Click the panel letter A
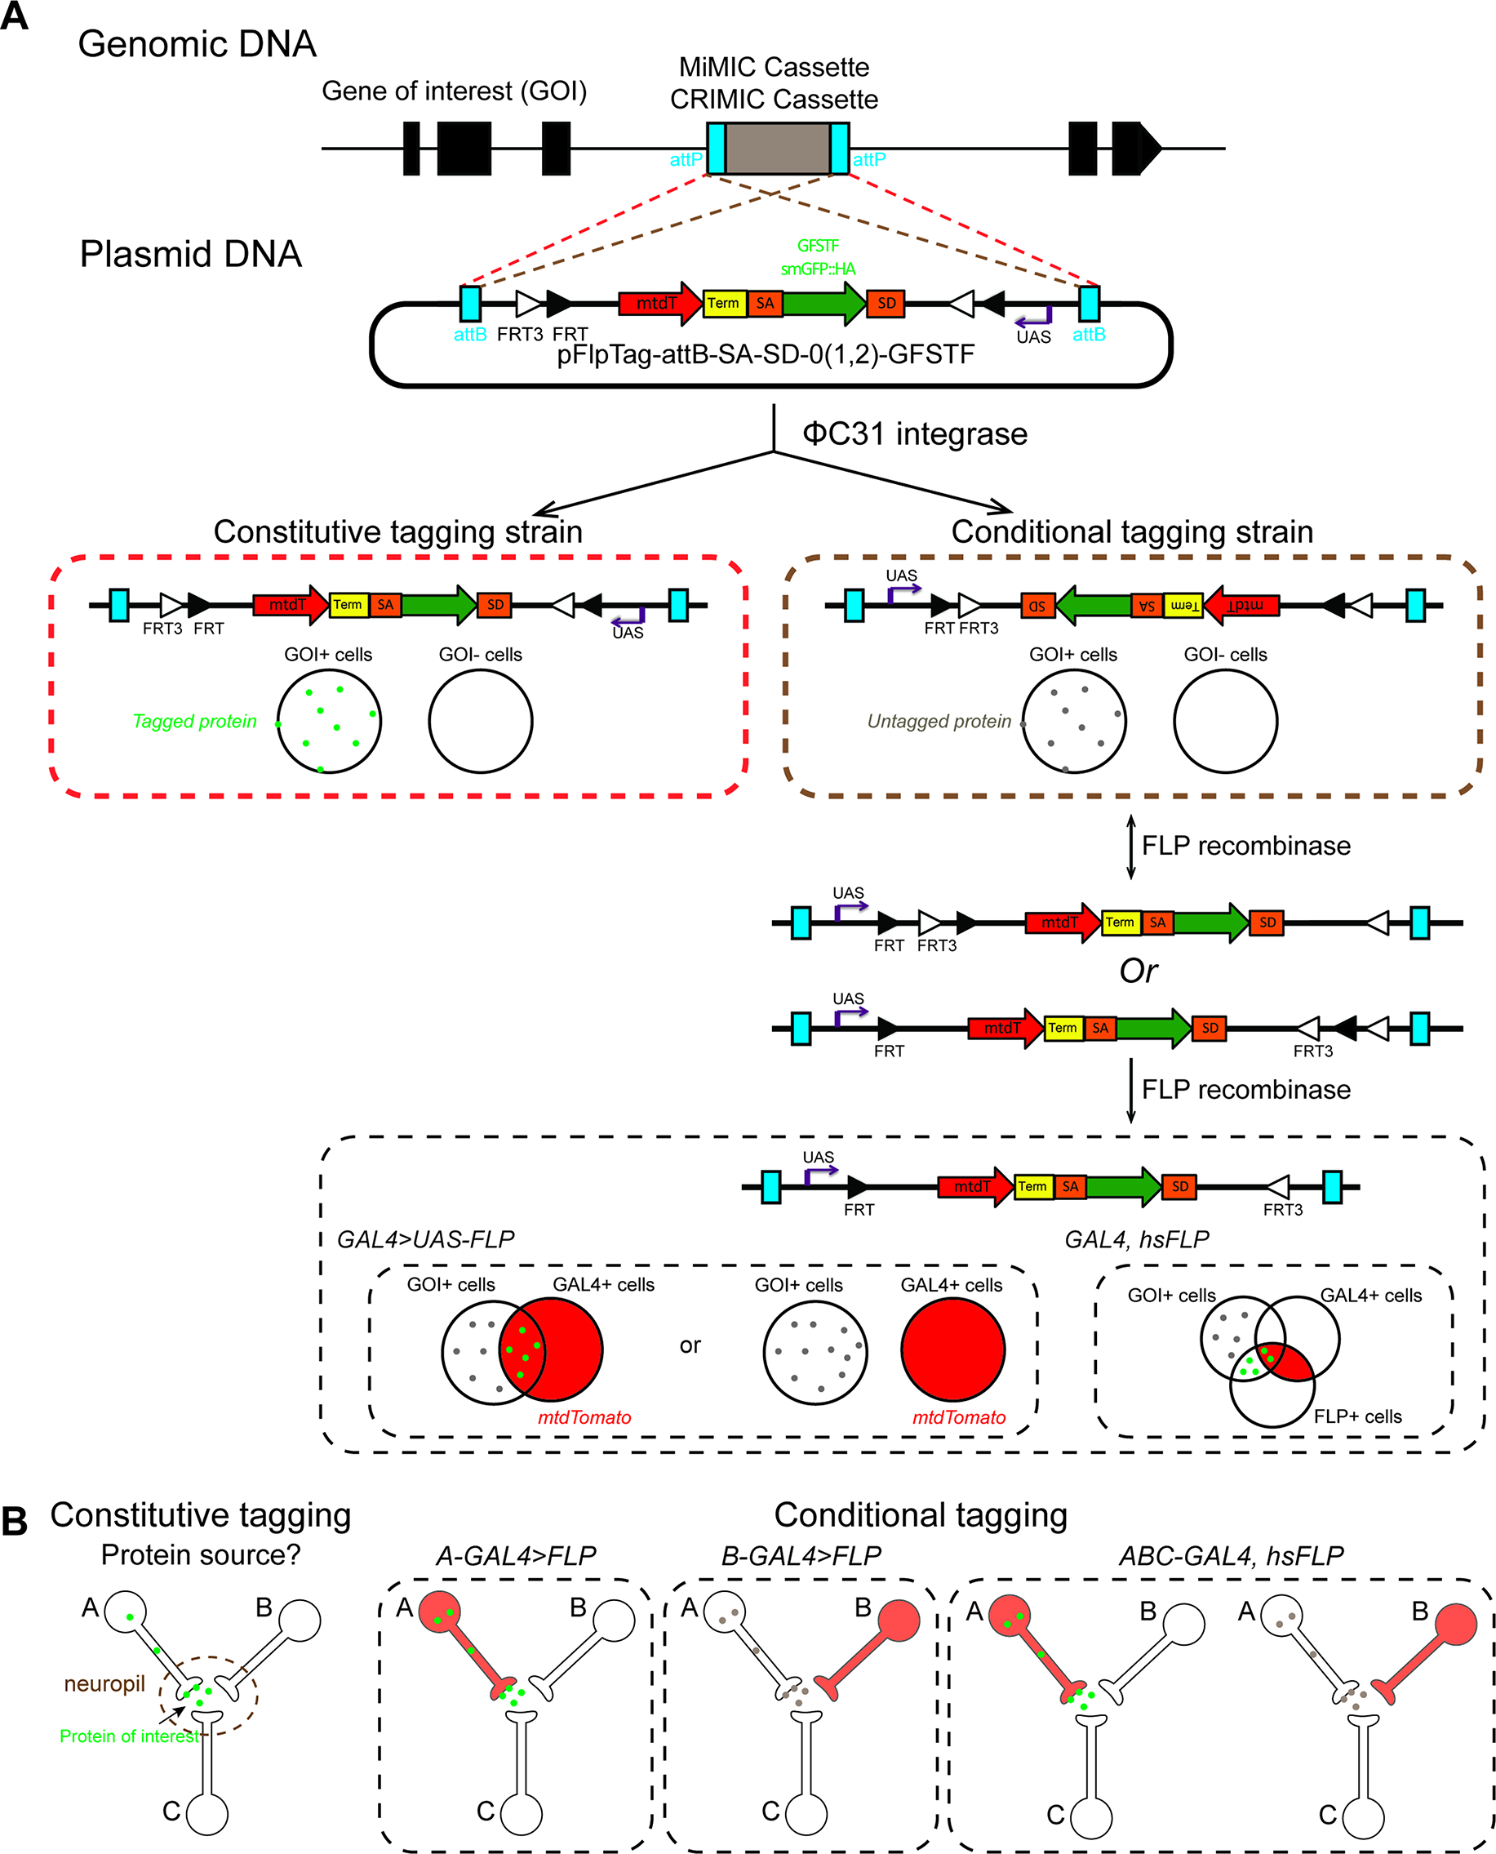click(x=15, y=16)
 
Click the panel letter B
click(x=15, y=1521)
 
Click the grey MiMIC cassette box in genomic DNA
click(x=777, y=149)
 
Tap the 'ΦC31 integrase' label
click(x=914, y=433)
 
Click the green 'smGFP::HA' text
click(x=818, y=269)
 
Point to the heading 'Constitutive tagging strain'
click(x=397, y=531)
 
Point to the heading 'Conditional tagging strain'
click(x=1131, y=531)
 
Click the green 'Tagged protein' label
click(x=195, y=722)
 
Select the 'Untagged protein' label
click(x=939, y=722)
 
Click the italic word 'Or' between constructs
click(x=1138, y=971)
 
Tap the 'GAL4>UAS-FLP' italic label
click(x=425, y=1239)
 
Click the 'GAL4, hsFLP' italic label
click(x=1136, y=1239)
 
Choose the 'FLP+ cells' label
click(x=1357, y=1416)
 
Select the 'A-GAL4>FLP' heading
click(x=515, y=1556)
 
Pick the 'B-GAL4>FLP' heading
click(x=801, y=1556)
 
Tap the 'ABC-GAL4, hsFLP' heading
click(x=1231, y=1556)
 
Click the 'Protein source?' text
click(x=201, y=1555)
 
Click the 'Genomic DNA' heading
click(x=198, y=44)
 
